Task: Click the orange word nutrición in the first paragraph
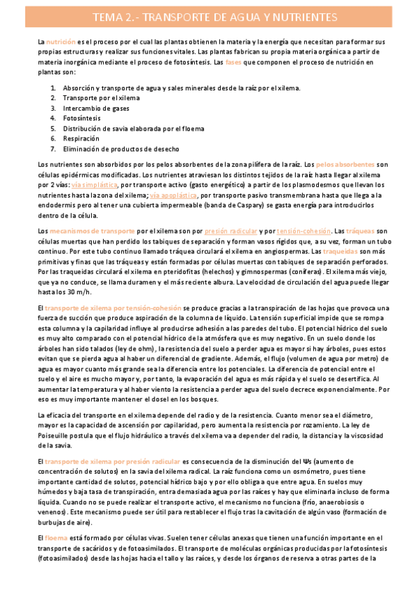pyautogui.click(x=63, y=42)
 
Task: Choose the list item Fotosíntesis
pyautogui.click(x=81, y=118)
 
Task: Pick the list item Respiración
pyautogui.click(x=81, y=138)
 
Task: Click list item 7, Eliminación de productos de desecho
pyautogui.click(x=120, y=149)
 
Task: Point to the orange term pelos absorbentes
pyautogui.click(x=345, y=164)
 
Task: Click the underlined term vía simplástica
pyautogui.click(x=94, y=185)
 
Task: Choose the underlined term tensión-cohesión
pyautogui.click(x=304, y=230)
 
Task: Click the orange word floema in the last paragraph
pyautogui.click(x=57, y=537)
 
